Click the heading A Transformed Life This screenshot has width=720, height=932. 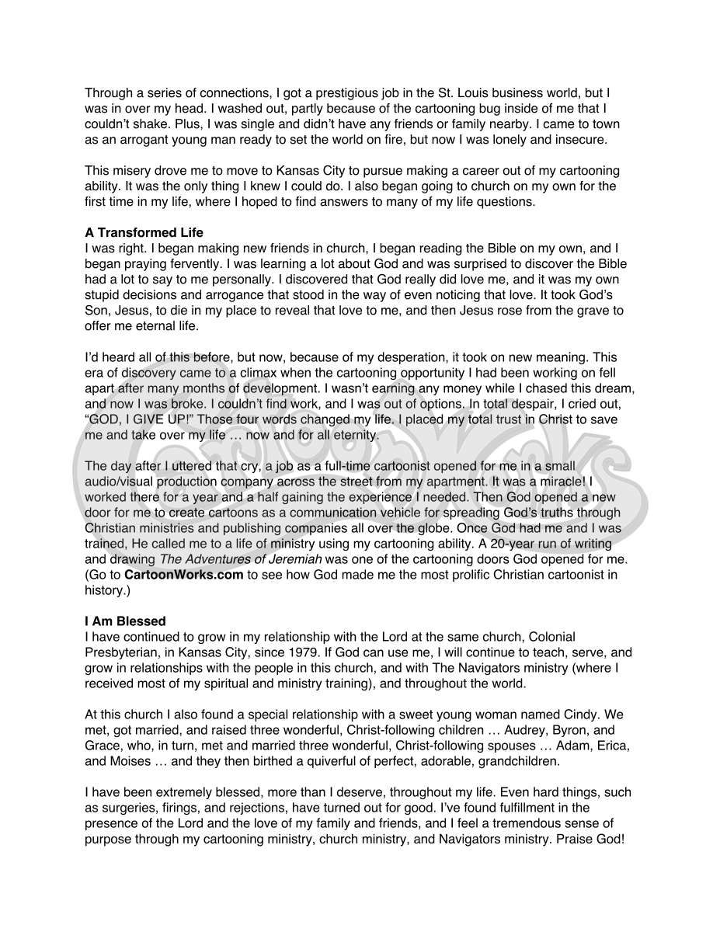[144, 232]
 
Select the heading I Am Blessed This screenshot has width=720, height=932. [125, 621]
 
